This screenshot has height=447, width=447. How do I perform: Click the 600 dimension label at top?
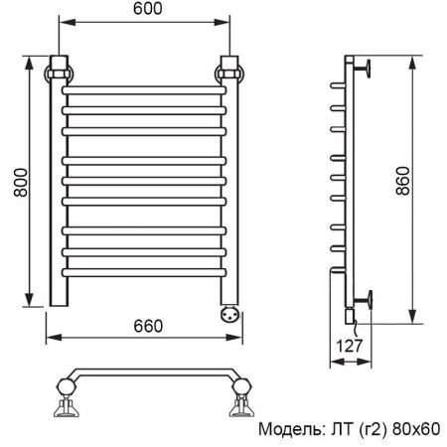(x=144, y=10)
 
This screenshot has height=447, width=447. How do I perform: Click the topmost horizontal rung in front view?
(x=144, y=90)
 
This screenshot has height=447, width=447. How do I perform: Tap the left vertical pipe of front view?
(x=57, y=199)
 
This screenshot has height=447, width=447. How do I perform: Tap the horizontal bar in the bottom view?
(x=149, y=374)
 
